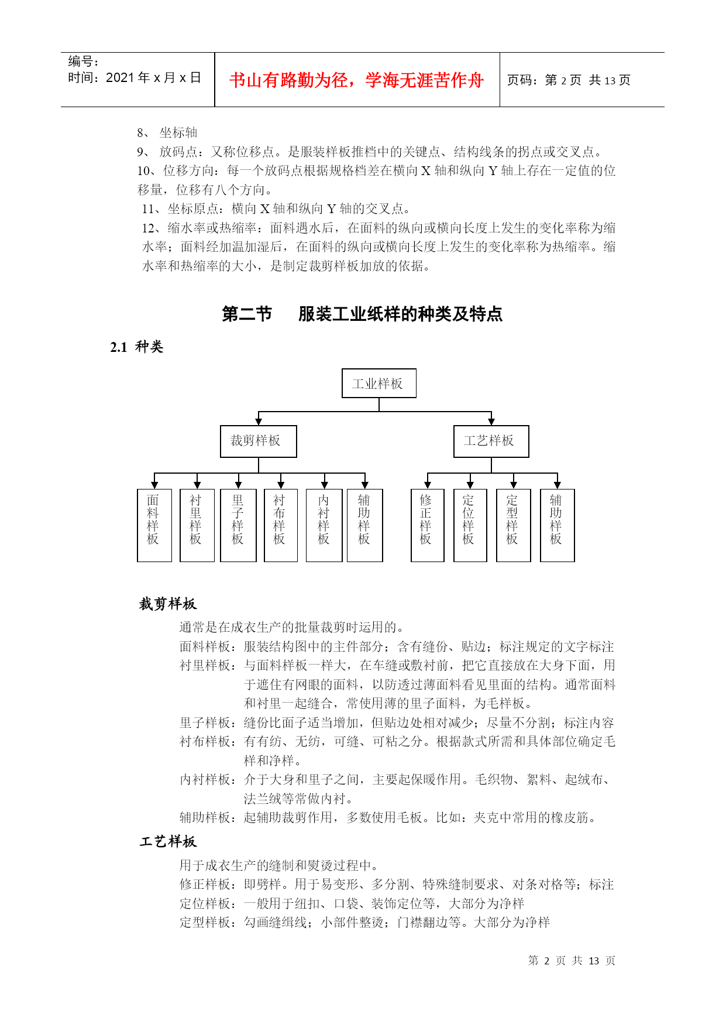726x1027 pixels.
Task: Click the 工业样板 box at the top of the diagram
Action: point(379,384)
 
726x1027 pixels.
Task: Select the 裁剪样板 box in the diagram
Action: point(258,441)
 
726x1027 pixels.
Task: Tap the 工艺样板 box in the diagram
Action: point(491,441)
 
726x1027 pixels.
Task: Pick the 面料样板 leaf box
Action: point(154,525)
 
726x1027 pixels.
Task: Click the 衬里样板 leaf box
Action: point(197,525)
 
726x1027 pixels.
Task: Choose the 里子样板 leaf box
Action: point(238,525)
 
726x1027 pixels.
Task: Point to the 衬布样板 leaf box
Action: point(280,525)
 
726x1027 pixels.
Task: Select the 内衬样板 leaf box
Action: point(324,525)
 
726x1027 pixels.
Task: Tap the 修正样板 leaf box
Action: point(427,525)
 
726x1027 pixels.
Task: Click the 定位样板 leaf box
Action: point(470,525)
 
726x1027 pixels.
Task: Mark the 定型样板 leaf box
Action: point(513,525)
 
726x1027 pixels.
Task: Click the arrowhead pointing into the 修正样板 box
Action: point(428,485)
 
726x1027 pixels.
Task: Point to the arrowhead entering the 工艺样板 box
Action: point(491,421)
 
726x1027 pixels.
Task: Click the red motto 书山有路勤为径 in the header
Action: point(356,80)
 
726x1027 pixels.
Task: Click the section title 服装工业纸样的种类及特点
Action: point(400,314)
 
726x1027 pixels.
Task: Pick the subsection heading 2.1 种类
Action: point(137,347)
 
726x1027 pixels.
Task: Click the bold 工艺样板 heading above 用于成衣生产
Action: point(168,841)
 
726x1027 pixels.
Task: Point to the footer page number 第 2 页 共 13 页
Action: point(572,961)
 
